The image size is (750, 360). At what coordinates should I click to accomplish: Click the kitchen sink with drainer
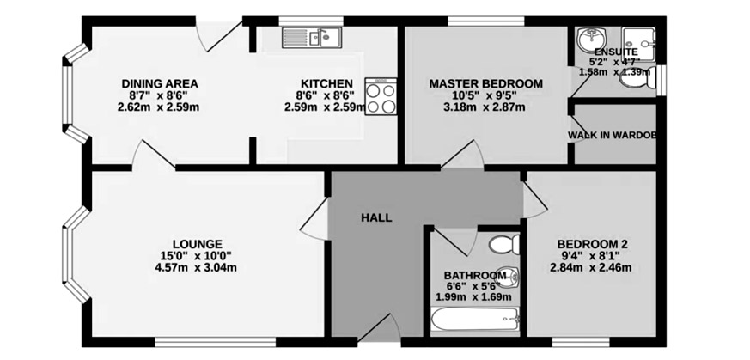click(x=311, y=37)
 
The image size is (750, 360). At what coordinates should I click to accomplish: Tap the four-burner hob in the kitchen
click(x=381, y=96)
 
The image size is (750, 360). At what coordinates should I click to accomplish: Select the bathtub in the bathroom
click(x=474, y=319)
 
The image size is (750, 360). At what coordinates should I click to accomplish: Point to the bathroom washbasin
click(x=509, y=276)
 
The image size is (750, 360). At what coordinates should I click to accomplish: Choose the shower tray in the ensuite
click(x=638, y=43)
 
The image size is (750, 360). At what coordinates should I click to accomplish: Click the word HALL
click(x=376, y=218)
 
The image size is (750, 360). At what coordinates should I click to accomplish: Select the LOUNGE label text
click(x=198, y=243)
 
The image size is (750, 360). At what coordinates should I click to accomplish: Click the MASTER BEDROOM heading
click(x=486, y=83)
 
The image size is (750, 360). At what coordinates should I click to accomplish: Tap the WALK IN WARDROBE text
click(x=613, y=135)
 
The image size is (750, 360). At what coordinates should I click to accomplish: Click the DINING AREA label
click(x=160, y=83)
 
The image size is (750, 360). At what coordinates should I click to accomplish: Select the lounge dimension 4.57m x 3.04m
click(x=196, y=267)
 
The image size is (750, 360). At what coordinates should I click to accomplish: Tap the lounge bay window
click(x=76, y=255)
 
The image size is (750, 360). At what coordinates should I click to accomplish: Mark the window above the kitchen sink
click(x=311, y=21)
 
